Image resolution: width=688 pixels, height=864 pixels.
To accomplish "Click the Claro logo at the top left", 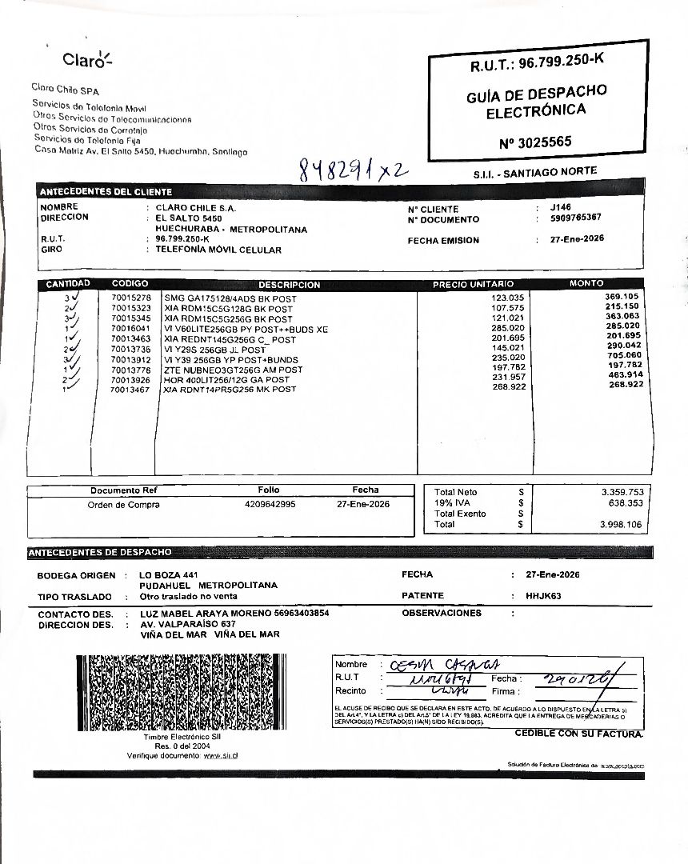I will coord(88,59).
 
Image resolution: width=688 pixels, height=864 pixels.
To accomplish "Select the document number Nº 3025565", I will coord(535,143).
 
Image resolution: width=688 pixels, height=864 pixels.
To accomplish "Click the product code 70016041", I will coord(131,328).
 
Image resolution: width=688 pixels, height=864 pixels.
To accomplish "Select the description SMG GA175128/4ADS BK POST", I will coord(230,298).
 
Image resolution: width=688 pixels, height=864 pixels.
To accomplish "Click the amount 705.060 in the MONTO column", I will coord(624,355).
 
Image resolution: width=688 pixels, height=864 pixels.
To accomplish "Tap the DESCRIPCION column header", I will coord(289,285).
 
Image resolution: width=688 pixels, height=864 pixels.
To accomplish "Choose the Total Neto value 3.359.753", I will coord(622,492).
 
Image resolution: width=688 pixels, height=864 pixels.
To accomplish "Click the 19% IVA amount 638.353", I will coord(626,503).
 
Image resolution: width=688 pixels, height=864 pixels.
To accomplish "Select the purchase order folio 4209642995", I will coord(270,505).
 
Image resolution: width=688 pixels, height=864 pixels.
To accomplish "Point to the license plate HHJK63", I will coord(544,596).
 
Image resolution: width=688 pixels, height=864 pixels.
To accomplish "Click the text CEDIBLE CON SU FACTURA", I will coord(578,734).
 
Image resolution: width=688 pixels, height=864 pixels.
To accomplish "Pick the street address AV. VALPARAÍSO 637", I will coord(188,624).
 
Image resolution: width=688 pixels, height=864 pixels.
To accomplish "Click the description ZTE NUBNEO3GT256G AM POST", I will coord(233,370).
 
